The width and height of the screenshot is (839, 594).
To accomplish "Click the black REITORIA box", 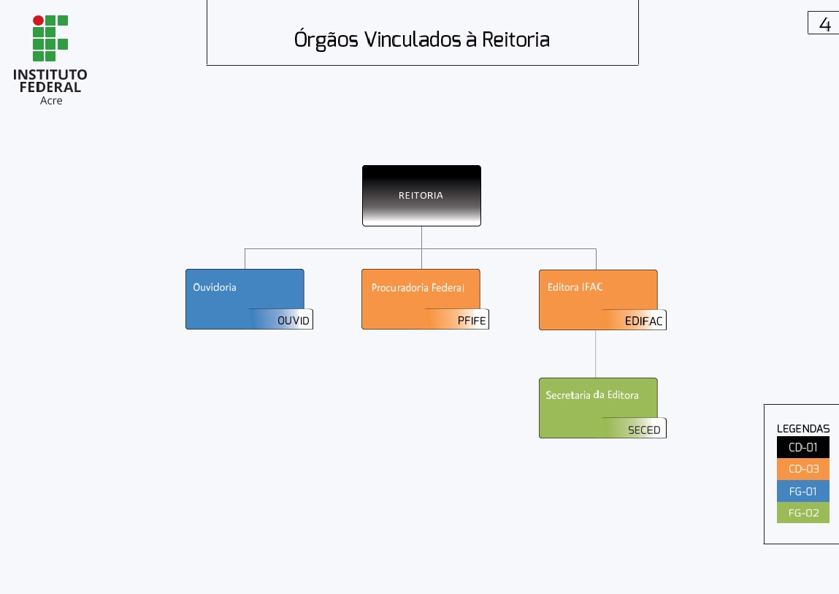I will pyautogui.click(x=421, y=195).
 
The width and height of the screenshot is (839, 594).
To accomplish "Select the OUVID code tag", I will pyautogui.click(x=293, y=321).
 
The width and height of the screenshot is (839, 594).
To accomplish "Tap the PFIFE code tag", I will pyautogui.click(x=471, y=321).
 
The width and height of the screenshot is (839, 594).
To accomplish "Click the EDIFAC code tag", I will pyautogui.click(x=643, y=321).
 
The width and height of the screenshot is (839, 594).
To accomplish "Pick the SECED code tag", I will pyautogui.click(x=644, y=430).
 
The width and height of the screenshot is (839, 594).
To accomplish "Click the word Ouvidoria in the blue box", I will pyautogui.click(x=215, y=287).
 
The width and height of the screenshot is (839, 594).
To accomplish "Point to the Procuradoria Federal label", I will pyautogui.click(x=418, y=288).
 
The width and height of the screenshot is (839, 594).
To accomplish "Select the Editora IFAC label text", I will pyautogui.click(x=575, y=287).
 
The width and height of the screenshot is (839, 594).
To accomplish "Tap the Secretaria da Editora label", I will pyautogui.click(x=592, y=395).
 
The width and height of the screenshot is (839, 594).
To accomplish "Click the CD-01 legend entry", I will pyautogui.click(x=803, y=447).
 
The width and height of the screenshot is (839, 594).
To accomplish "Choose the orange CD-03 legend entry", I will pyautogui.click(x=803, y=469).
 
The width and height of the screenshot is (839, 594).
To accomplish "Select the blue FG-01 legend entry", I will pyautogui.click(x=803, y=491).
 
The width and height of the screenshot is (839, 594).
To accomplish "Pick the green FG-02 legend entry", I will pyautogui.click(x=803, y=513).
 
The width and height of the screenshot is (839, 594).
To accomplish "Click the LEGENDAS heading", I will pyautogui.click(x=803, y=429).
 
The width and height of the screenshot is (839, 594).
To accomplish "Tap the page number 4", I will pyautogui.click(x=825, y=24).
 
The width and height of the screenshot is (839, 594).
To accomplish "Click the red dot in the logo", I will pyautogui.click(x=38, y=20).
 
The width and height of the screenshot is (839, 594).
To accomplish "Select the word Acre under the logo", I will pyautogui.click(x=51, y=101).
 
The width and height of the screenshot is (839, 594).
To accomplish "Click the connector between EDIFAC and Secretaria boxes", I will pyautogui.click(x=596, y=354).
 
